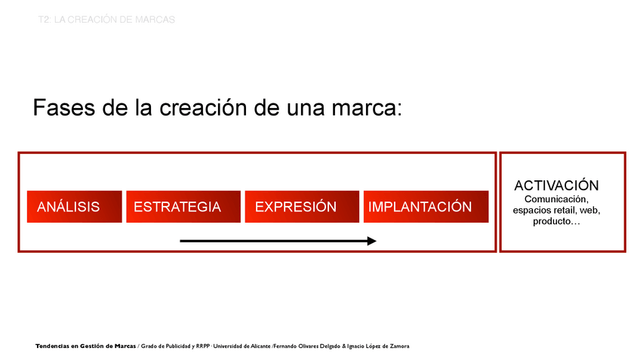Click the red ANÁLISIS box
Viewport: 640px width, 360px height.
coord(74,207)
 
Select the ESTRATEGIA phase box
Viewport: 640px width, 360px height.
coord(183,207)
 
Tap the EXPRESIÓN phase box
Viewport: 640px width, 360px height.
coord(302,207)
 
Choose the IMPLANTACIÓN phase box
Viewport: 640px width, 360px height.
coord(426,207)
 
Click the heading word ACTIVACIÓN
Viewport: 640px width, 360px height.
coord(556,186)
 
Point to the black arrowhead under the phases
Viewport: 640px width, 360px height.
coord(371,241)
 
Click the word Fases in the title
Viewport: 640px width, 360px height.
coord(64,108)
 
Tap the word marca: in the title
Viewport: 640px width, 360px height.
coord(367,109)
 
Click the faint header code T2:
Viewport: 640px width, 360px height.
coord(45,20)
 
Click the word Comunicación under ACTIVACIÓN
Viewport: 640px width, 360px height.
coord(556,199)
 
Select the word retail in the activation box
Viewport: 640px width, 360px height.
coord(565,211)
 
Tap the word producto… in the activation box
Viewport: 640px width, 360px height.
coord(556,222)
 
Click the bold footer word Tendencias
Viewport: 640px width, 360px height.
coord(52,346)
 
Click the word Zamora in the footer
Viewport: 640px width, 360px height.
coord(399,346)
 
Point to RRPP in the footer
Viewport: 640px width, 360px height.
coord(203,346)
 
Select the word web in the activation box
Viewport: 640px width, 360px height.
coord(589,211)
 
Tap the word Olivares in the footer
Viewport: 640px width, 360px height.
coord(308,346)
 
